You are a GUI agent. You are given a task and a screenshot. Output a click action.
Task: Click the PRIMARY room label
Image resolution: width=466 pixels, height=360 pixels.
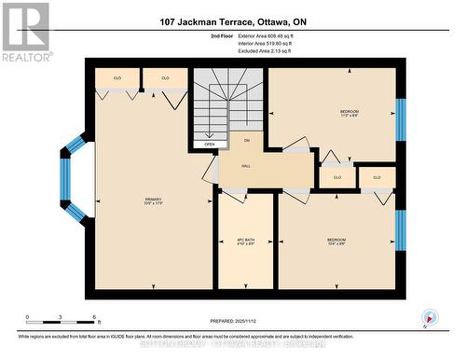point(153,201)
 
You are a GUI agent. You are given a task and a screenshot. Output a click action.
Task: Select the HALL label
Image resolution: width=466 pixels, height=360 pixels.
point(246,165)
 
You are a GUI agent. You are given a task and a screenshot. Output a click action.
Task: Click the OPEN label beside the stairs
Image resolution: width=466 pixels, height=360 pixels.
point(210,145)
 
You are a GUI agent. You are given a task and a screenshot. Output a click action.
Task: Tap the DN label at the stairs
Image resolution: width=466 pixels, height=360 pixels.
point(247,140)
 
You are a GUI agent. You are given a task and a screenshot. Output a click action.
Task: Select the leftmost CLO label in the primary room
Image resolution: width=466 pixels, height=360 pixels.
point(117,78)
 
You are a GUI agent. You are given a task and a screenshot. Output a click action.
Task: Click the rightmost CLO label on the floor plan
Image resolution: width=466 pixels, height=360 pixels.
point(377,176)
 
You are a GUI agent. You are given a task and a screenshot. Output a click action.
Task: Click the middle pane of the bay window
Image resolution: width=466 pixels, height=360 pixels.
point(66,180)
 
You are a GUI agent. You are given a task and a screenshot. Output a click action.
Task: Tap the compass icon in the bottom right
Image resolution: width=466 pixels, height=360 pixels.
point(430,317)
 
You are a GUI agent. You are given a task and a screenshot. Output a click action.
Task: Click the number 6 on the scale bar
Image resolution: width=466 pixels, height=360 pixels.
point(85,318)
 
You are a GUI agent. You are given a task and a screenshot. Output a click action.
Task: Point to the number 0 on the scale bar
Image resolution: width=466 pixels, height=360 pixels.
point(27,318)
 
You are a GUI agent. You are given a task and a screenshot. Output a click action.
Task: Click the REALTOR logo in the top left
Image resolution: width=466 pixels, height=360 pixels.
point(25,31)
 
